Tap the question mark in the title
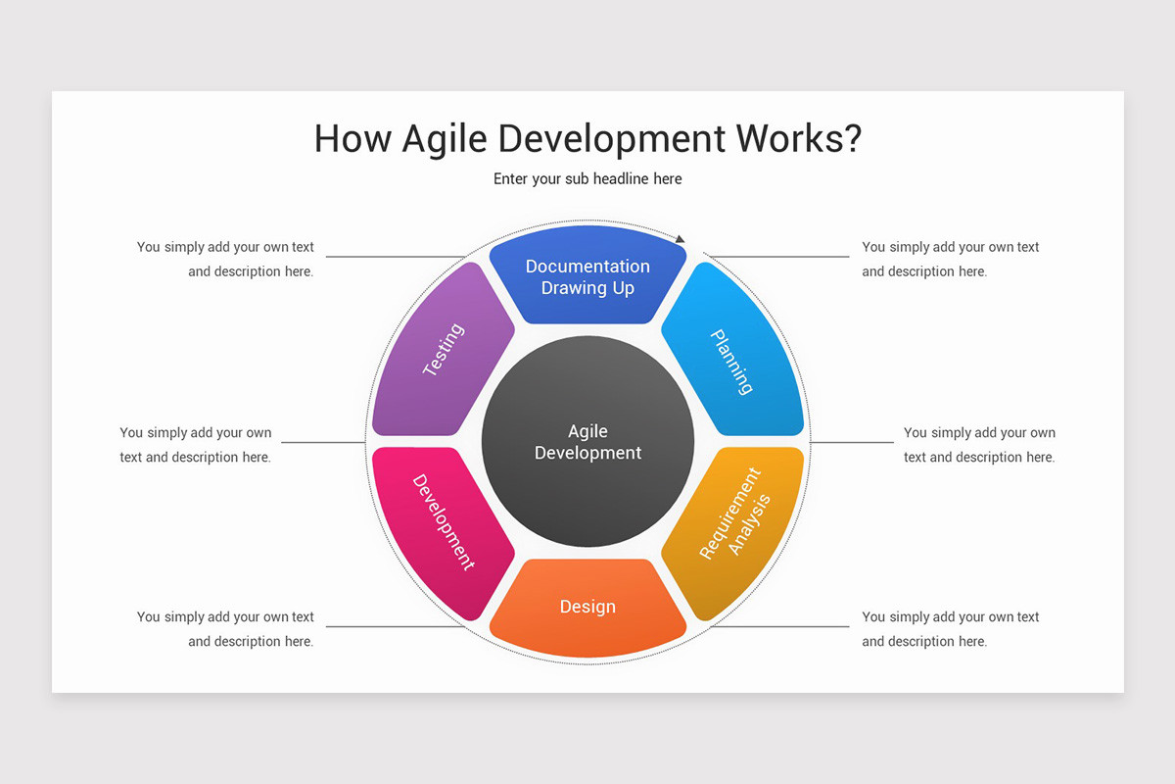click(851, 138)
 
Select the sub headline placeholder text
click(587, 179)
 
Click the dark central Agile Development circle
click(587, 442)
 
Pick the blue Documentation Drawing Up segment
click(587, 277)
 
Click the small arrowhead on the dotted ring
click(681, 238)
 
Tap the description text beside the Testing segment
click(226, 260)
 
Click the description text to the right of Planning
click(950, 260)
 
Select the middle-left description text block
click(196, 445)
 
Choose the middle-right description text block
click(979, 445)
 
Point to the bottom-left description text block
click(226, 629)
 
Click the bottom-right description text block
click(950, 629)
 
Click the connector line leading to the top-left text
click(392, 257)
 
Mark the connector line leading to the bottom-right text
click(783, 626)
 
